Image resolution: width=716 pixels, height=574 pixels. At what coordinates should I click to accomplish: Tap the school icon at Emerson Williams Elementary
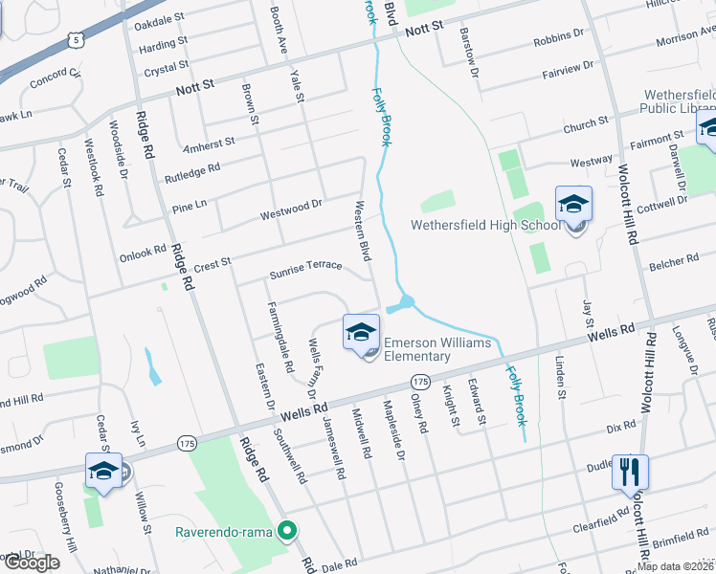click(x=361, y=333)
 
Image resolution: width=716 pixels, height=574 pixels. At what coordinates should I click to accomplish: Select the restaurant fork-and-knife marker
click(x=630, y=473)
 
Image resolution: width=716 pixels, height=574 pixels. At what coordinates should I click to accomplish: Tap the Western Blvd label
click(x=363, y=231)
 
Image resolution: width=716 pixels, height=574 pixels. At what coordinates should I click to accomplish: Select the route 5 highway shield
click(x=75, y=40)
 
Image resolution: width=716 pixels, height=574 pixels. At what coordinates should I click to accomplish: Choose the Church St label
click(x=586, y=123)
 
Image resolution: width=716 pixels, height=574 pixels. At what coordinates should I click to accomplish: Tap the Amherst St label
click(x=209, y=143)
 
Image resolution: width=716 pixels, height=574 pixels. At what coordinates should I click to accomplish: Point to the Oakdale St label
click(x=160, y=19)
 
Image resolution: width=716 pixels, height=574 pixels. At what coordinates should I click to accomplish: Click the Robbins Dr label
click(x=558, y=35)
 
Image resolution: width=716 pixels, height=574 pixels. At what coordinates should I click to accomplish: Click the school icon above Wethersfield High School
click(x=573, y=205)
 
